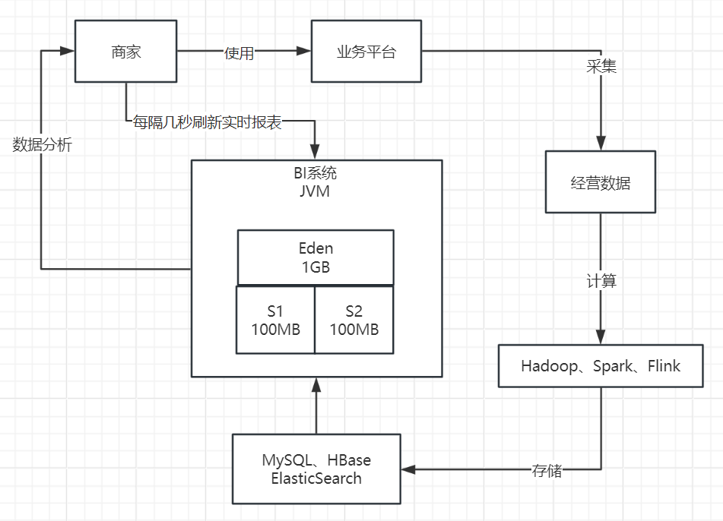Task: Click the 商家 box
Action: pyautogui.click(x=125, y=52)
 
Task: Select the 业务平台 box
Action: pyautogui.click(x=366, y=52)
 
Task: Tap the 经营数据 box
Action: pyautogui.click(x=601, y=182)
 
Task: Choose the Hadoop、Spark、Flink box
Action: pyautogui.click(x=601, y=366)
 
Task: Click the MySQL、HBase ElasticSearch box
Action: pyautogui.click(x=316, y=469)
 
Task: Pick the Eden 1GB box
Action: pyautogui.click(x=316, y=257)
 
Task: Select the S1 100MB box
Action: pyautogui.click(x=275, y=320)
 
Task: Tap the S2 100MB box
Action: pyautogui.click(x=354, y=320)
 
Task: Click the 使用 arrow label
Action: pyautogui.click(x=239, y=53)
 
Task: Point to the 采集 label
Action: pyautogui.click(x=601, y=67)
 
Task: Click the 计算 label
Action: pyautogui.click(x=601, y=281)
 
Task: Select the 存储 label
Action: pyautogui.click(x=546, y=470)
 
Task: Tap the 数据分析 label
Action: pyautogui.click(x=43, y=144)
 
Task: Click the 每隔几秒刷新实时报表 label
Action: pyautogui.click(x=207, y=122)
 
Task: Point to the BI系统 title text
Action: pyautogui.click(x=315, y=174)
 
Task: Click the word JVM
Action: pyautogui.click(x=315, y=191)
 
